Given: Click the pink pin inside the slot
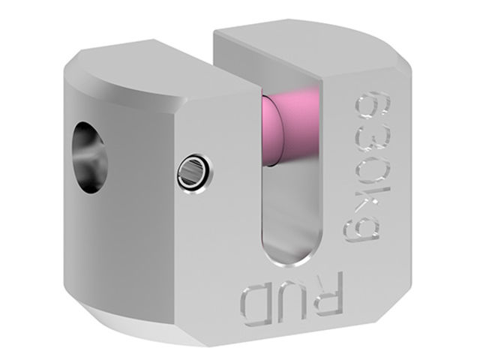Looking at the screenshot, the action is (291, 128).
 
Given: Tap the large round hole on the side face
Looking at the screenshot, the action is (90, 157).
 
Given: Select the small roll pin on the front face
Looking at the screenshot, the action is (195, 173).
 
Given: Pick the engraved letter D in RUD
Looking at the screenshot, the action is (256, 307).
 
